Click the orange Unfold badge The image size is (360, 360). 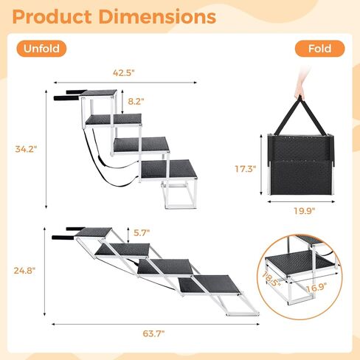coord(41,49)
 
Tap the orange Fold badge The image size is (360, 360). coord(319,49)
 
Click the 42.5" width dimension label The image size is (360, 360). coord(124,73)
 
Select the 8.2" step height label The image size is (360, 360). coord(136,101)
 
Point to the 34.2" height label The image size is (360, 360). coord(26,149)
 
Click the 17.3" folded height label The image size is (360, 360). coord(246,169)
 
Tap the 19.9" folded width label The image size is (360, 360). coord(305,211)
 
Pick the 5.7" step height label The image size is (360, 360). coord(142,232)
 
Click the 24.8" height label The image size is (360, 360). coord(24,271)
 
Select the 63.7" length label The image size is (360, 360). coord(153,333)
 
